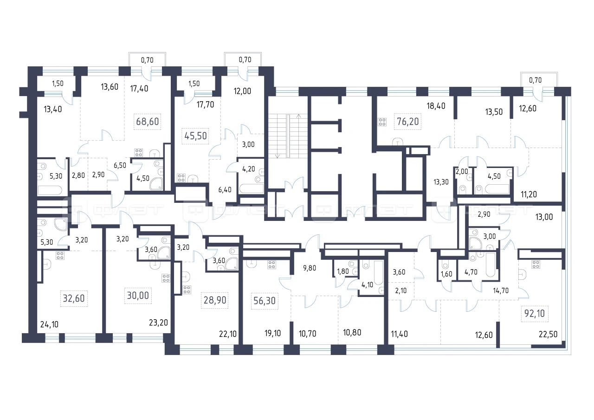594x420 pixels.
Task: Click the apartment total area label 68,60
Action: click(148, 122)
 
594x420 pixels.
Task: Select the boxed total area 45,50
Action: click(195, 136)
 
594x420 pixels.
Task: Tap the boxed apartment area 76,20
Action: click(407, 122)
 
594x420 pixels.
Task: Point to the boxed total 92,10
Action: click(535, 314)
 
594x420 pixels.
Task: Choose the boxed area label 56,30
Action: click(265, 301)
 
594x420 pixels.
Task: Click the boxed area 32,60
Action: click(74, 298)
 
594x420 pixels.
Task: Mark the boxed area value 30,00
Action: click(138, 296)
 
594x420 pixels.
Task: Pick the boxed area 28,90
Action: click(215, 300)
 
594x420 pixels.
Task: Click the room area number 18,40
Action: click(436, 106)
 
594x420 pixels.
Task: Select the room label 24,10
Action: click(49, 324)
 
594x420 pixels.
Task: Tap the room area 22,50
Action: click(548, 334)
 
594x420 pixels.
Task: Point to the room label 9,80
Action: click(310, 268)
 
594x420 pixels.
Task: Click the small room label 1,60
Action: click(446, 274)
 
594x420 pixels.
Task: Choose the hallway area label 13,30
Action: click(441, 182)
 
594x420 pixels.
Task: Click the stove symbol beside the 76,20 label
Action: click(382, 122)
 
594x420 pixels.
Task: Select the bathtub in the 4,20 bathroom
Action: click(251, 189)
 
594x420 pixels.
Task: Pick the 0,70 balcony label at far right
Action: click(535, 80)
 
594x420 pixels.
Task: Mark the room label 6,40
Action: click(225, 190)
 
